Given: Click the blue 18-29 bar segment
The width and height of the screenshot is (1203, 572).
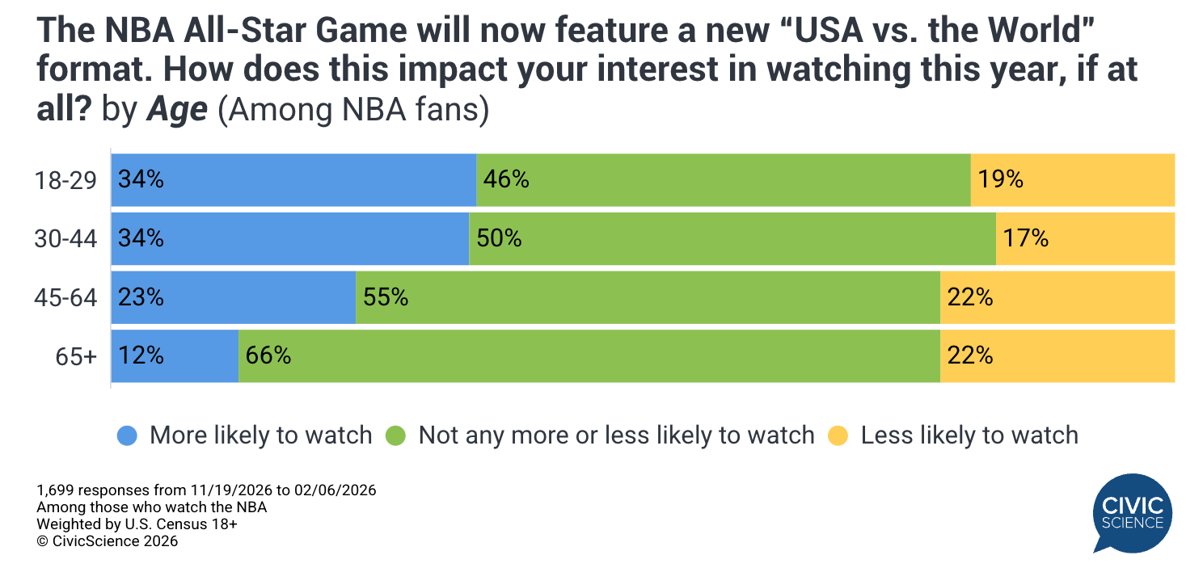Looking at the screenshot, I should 293,179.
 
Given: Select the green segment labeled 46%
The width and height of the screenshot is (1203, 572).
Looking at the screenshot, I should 723,179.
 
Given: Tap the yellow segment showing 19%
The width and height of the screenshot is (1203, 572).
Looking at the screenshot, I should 1072,179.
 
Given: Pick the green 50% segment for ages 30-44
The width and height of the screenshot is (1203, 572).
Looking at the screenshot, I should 732,238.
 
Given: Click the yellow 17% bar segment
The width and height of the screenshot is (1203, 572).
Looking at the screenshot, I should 1085,238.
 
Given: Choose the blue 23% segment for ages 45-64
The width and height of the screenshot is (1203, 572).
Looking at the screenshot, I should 233,297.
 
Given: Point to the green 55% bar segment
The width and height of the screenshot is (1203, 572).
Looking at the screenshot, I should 648,297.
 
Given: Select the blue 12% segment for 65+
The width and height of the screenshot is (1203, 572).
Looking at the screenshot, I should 175,356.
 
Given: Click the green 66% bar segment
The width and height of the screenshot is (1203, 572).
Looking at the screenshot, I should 589,356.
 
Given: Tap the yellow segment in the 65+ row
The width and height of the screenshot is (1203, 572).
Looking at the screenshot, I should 1057,356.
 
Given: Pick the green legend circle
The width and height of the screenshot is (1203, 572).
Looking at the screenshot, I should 395,435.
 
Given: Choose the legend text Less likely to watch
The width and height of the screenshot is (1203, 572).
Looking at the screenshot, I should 969,435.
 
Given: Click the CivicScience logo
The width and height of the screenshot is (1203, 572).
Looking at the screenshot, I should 1132,513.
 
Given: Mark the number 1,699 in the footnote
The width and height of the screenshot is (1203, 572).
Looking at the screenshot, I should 56,490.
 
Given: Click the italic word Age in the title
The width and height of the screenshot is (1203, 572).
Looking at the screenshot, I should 177,110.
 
